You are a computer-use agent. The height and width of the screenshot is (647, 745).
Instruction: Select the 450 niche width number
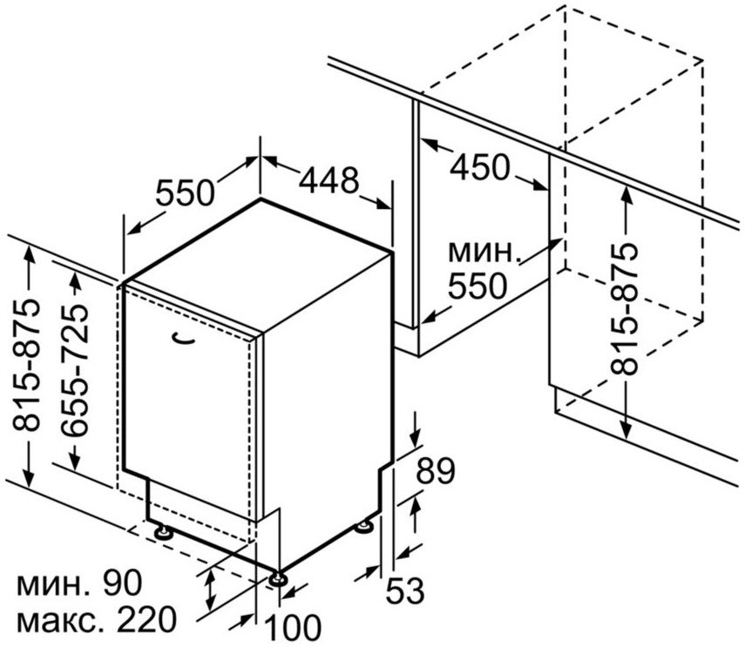479,166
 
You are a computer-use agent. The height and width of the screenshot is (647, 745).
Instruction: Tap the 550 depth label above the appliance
186,192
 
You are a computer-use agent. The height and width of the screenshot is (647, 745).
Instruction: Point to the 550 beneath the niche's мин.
477,286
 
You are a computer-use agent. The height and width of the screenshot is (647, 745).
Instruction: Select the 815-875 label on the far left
25,365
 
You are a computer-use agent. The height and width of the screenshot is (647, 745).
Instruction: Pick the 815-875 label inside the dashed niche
623,309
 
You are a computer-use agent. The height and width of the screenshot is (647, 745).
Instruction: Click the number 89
436,470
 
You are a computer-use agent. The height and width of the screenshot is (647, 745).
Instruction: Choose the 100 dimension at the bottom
292,628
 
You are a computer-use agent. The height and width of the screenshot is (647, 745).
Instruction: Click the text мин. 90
80,583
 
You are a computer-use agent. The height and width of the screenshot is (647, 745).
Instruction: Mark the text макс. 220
97,619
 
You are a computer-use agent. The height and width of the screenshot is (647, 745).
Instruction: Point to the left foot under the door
164,531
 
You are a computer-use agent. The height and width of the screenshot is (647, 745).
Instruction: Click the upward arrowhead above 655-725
75,280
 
